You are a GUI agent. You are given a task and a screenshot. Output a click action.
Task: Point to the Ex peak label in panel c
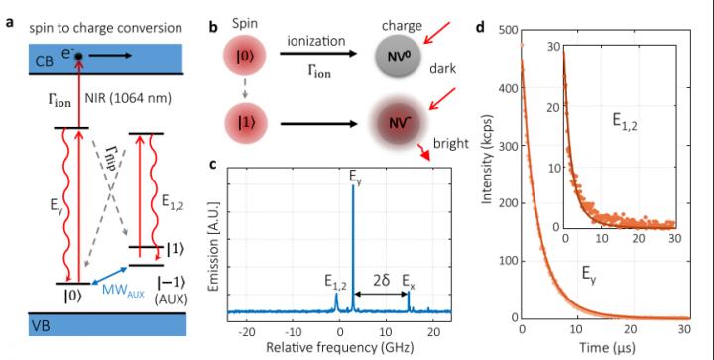[x=408, y=281]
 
